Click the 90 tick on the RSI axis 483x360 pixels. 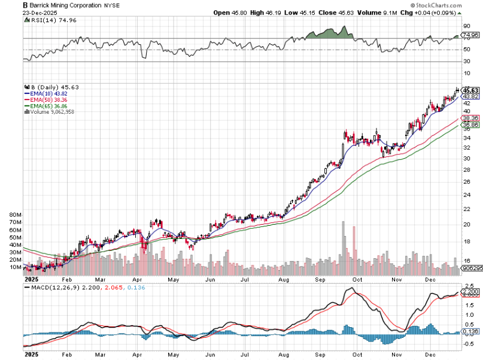[467, 26]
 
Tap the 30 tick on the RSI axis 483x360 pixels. [467, 61]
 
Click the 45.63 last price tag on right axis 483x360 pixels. [470, 90]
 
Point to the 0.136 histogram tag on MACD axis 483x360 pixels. [470, 332]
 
